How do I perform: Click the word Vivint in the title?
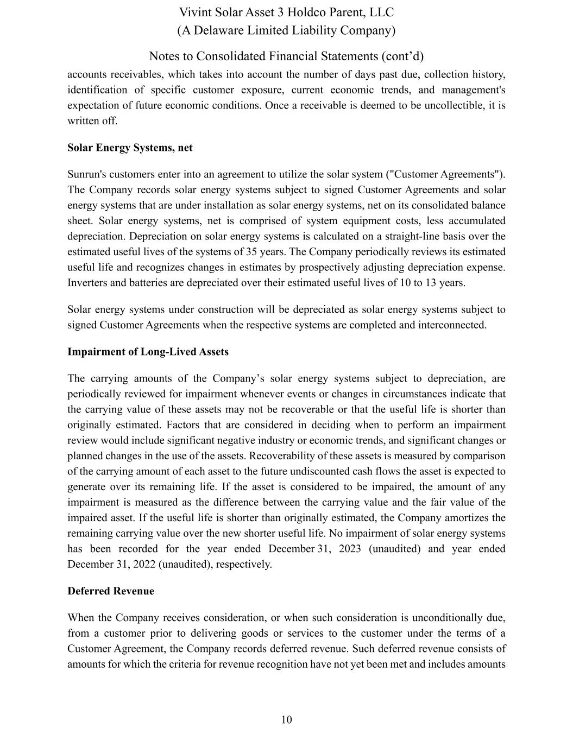tap(194, 12)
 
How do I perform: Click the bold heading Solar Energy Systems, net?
tap(130, 148)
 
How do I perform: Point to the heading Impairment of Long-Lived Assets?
tap(148, 352)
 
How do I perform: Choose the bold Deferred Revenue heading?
tap(111, 591)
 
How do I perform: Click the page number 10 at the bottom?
tap(286, 720)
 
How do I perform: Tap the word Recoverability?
tap(284, 456)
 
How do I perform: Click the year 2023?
tap(350, 549)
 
